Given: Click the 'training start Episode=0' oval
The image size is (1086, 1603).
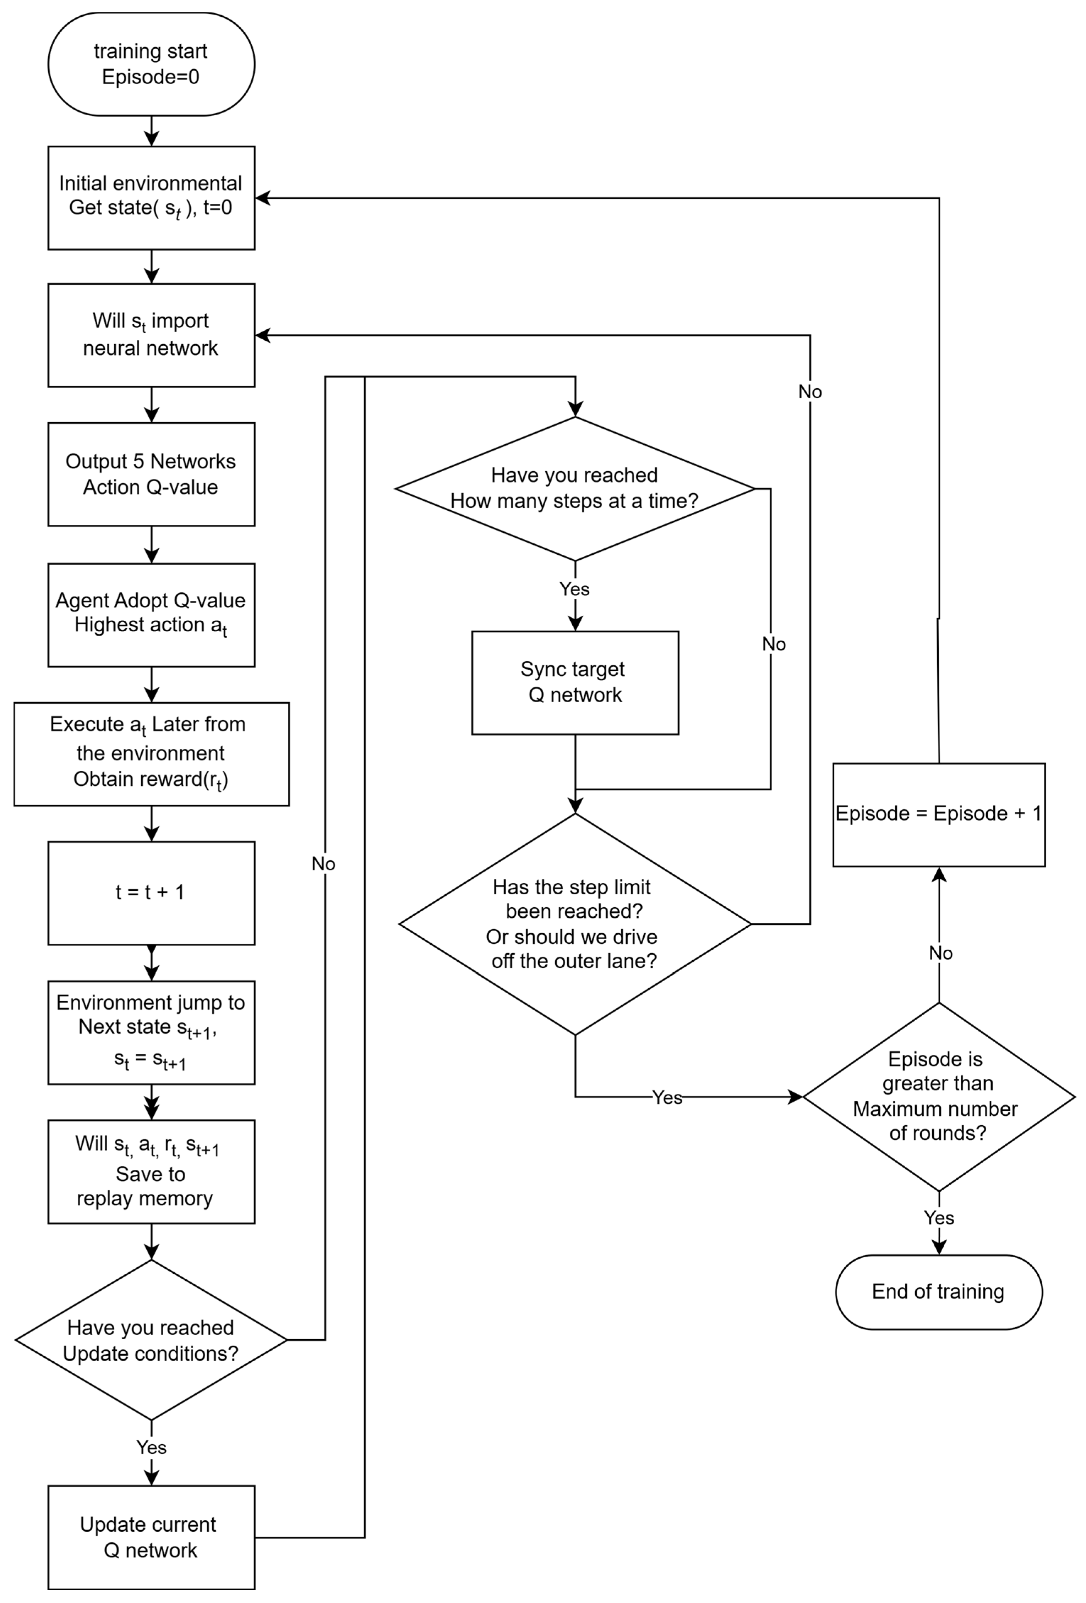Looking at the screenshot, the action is click(x=151, y=64).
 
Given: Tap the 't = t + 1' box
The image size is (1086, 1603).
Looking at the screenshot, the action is click(x=151, y=893).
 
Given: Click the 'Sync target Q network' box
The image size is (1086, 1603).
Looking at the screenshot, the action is click(x=575, y=683).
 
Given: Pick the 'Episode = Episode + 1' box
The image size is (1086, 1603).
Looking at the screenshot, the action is click(x=938, y=814).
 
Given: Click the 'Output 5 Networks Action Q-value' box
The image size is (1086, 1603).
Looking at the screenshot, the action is click(x=151, y=474).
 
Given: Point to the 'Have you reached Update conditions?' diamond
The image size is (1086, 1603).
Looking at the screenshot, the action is click(x=151, y=1340).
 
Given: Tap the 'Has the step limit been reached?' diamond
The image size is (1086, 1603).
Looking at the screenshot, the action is click(x=575, y=924).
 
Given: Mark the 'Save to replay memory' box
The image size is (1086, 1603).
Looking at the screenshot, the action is click(x=151, y=1172).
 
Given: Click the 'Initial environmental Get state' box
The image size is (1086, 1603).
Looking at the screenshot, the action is click(x=151, y=198).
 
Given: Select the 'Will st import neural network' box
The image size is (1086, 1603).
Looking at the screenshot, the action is click(x=151, y=335).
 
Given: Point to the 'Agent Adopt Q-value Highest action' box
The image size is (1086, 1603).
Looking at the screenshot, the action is click(x=151, y=615).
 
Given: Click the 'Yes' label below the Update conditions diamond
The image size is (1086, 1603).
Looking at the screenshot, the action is click(x=151, y=1447).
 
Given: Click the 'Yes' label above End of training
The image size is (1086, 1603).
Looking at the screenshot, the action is click(x=938, y=1218).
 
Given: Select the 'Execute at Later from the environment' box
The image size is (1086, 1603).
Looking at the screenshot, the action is click(x=151, y=754).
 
